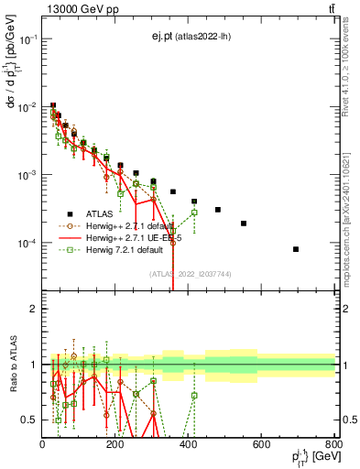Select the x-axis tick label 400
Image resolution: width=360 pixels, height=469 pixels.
pos(189,445)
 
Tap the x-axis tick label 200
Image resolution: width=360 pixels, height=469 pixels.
pos(115,445)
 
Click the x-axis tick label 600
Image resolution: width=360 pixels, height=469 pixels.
pos(262,445)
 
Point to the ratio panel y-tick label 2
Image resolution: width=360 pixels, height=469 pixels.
pos(33,309)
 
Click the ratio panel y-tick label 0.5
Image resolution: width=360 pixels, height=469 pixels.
pos(29,420)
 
